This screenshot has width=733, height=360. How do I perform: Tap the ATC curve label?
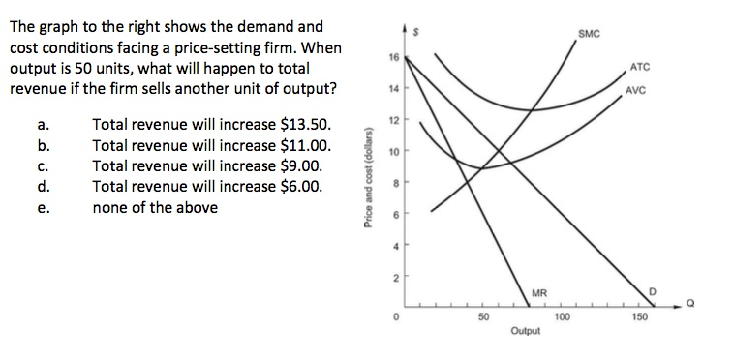point(640,67)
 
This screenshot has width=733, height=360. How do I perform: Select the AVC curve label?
point(636,92)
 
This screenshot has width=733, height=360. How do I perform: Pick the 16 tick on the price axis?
point(391,57)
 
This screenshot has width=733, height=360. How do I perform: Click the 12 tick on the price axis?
point(391,120)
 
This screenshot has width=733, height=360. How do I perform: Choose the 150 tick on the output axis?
point(638,316)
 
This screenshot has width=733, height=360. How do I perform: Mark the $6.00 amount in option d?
point(307,186)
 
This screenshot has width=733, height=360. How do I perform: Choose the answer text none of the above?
point(155,207)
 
